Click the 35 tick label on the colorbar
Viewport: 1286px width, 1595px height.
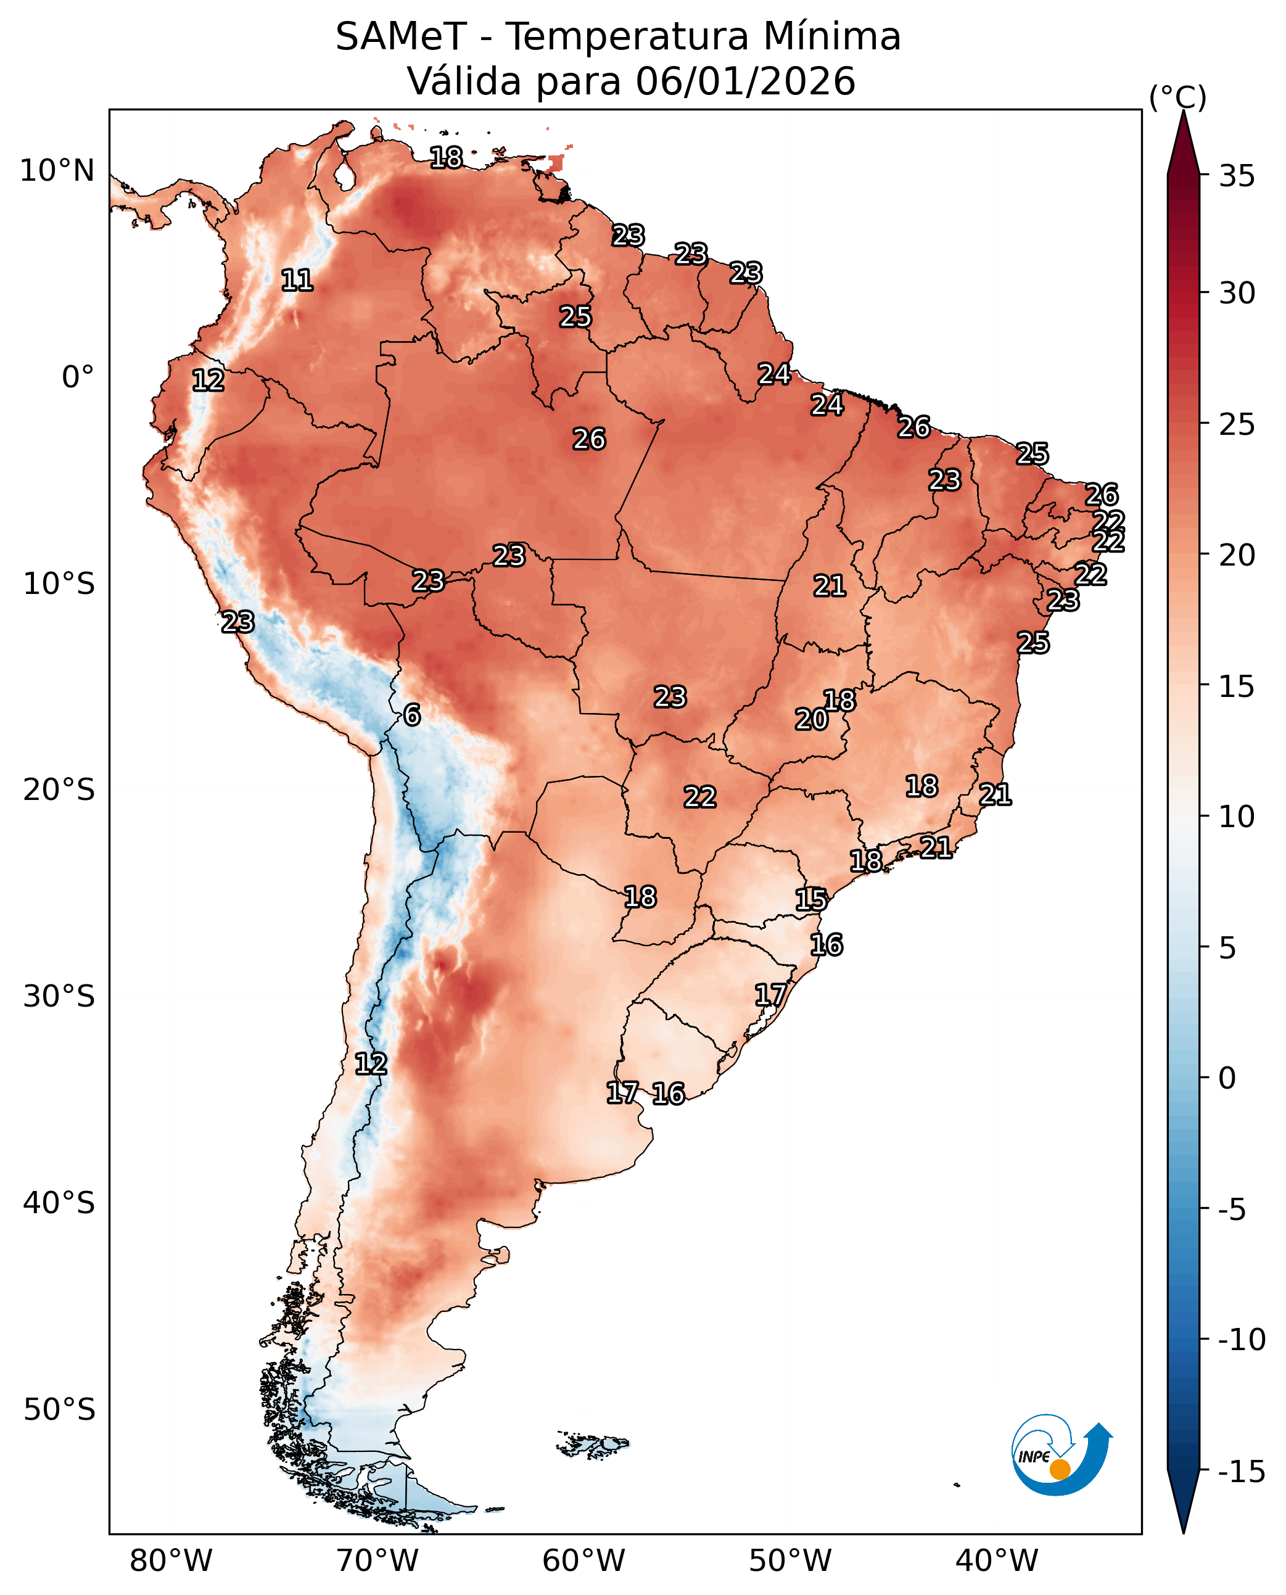point(1237,176)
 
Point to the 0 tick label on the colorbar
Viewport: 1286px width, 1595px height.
point(1227,1079)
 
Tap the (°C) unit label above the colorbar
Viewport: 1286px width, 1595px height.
point(1178,97)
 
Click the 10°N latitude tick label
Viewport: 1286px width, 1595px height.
point(57,171)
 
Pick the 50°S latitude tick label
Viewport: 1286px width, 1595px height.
point(59,1410)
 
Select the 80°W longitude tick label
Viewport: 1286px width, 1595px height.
point(171,1561)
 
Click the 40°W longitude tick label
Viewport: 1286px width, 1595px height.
point(996,1561)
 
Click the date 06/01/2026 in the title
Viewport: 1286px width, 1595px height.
point(745,81)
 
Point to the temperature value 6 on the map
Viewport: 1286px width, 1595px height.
point(413,715)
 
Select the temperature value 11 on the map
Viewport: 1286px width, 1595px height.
point(297,280)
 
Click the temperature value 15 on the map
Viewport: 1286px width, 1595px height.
point(811,899)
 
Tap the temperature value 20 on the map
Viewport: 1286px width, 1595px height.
point(811,719)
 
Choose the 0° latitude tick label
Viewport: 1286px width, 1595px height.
point(78,377)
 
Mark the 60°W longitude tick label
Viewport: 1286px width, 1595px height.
point(583,1561)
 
